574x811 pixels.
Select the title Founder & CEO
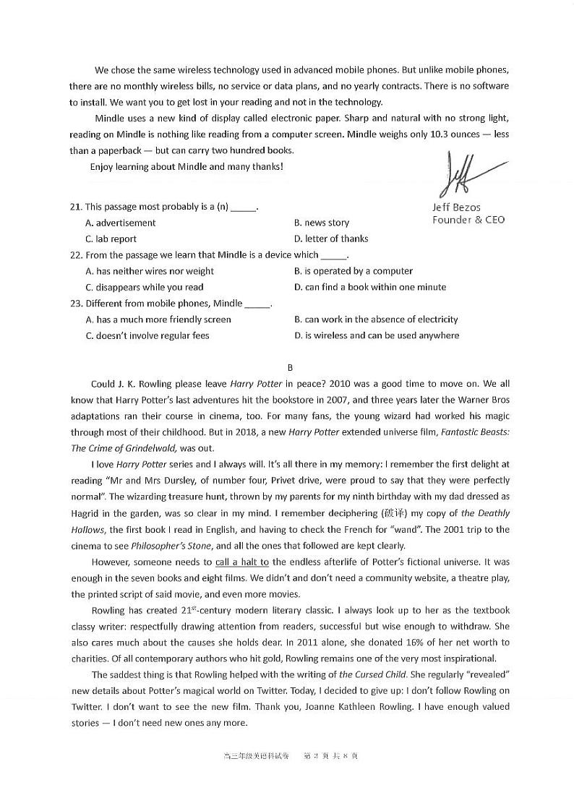[x=468, y=220]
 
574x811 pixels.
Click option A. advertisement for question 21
[x=120, y=223]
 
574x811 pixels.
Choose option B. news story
[x=322, y=223]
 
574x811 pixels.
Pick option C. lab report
[x=111, y=239]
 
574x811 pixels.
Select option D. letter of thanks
[x=331, y=239]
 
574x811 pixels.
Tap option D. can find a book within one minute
[x=370, y=287]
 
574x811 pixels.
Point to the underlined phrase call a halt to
[x=242, y=562]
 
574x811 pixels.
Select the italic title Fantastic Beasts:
[x=471, y=432]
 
